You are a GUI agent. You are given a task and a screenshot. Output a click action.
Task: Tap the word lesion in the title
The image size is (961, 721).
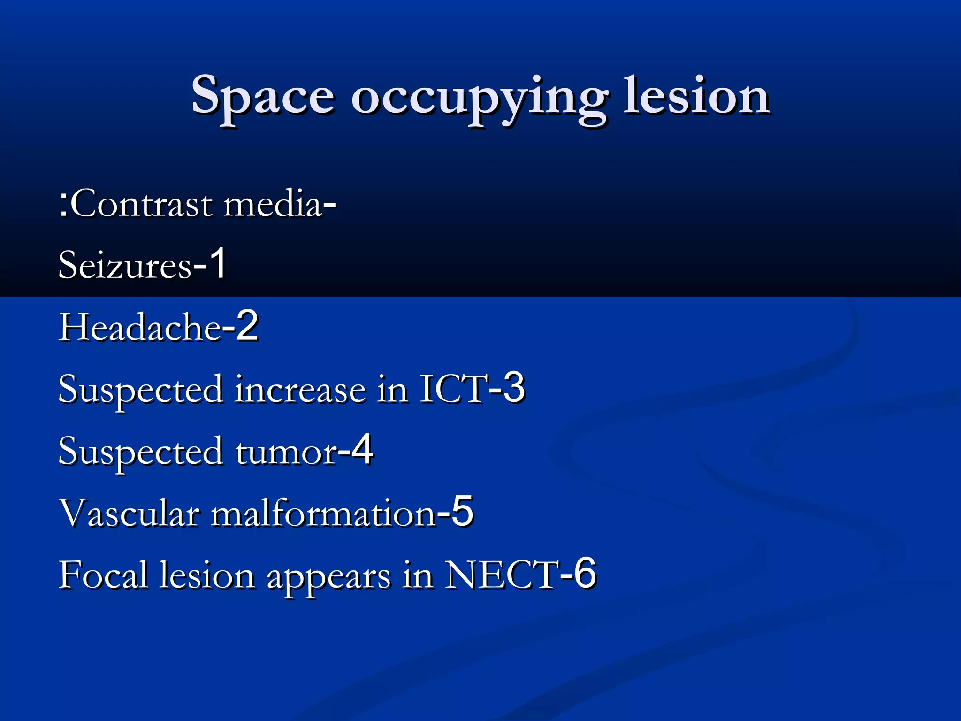[x=696, y=96]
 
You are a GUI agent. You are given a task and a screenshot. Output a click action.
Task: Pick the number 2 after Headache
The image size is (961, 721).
[x=247, y=326]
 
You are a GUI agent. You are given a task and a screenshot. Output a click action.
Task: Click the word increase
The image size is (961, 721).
[x=300, y=390]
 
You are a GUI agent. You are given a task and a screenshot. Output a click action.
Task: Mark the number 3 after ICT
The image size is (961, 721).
[x=513, y=388]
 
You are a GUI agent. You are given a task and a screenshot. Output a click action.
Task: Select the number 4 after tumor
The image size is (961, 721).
[x=362, y=450]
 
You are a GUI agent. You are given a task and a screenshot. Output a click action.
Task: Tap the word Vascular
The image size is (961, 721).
[x=129, y=513]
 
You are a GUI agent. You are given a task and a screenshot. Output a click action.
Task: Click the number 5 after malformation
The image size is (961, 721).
[x=462, y=512]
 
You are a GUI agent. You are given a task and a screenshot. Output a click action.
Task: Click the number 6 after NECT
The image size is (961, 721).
[x=585, y=573]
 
